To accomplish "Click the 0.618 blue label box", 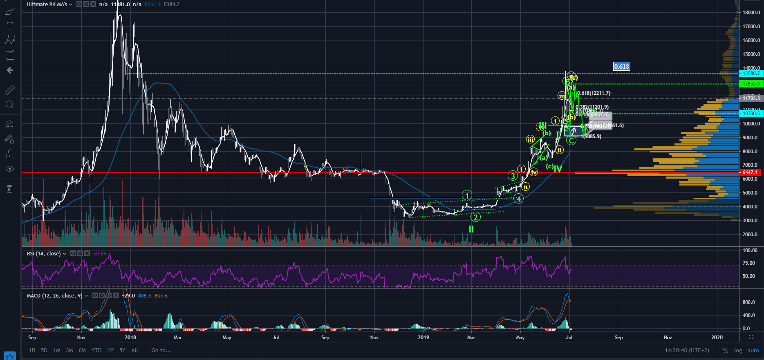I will (x=621, y=66).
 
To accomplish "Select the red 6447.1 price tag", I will (x=750, y=172).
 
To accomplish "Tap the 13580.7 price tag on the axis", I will (x=751, y=74).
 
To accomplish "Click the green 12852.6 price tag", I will (x=751, y=84).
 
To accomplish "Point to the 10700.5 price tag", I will (x=751, y=114).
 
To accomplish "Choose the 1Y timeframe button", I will (x=110, y=350).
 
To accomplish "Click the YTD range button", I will (x=96, y=350).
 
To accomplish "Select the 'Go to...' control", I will (x=161, y=350).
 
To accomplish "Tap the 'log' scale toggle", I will (x=738, y=350).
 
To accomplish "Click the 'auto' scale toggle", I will (x=753, y=350).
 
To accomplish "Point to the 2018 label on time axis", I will (x=130, y=337).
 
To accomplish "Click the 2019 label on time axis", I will (x=423, y=337).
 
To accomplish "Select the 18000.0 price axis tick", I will (x=751, y=13).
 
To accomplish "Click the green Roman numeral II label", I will (x=471, y=229).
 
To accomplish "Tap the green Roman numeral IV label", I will (x=558, y=169).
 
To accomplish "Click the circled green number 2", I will (x=475, y=217).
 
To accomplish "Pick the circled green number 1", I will (x=467, y=195).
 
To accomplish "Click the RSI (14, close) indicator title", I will (x=43, y=253).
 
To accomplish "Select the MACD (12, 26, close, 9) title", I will (x=54, y=295).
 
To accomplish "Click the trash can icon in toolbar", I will (x=10, y=189).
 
